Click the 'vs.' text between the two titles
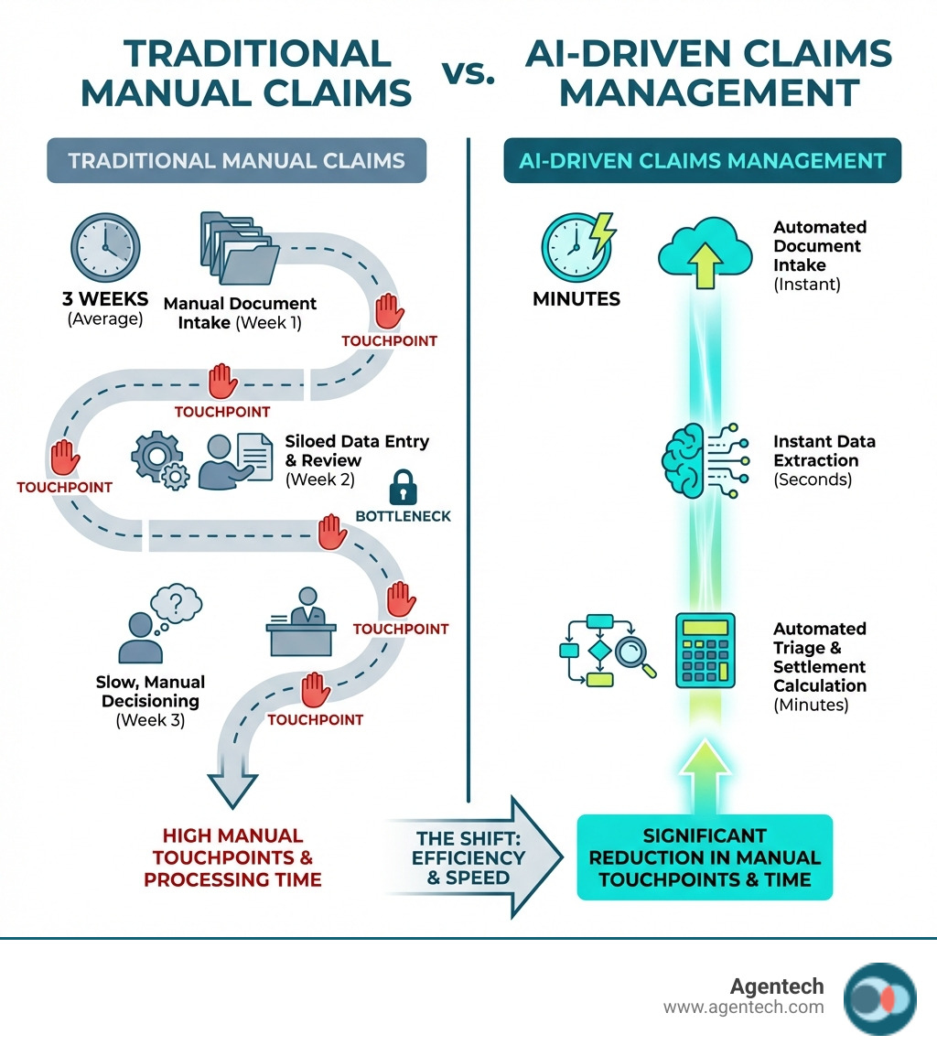pos(468,75)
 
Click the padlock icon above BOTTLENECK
pos(403,489)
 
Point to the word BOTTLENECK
pos(403,516)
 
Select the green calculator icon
pos(704,651)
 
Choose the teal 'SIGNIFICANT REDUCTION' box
pos(705,857)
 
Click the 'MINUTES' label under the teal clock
pos(576,299)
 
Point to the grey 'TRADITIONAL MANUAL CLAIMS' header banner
pos(237,161)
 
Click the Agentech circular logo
pos(879,998)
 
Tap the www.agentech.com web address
pos(743,1008)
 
